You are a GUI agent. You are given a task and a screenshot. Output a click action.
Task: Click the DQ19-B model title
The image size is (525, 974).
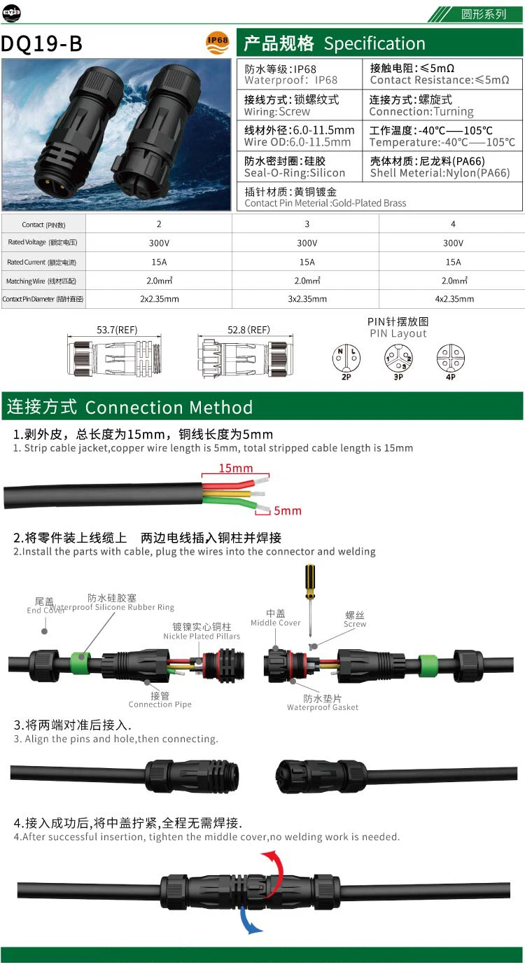coord(42,44)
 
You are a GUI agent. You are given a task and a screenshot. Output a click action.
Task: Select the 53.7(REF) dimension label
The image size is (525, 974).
coord(117,329)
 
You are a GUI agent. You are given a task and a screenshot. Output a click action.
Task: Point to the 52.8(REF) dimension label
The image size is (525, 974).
coord(248,329)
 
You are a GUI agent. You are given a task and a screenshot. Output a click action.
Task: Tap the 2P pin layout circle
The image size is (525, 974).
coord(345,359)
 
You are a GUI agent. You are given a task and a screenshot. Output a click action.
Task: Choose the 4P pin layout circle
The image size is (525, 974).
coord(450,359)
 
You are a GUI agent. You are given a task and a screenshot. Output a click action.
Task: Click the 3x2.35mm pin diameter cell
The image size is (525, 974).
coord(307,299)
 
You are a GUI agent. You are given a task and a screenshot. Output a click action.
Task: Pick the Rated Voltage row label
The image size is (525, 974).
coord(42,242)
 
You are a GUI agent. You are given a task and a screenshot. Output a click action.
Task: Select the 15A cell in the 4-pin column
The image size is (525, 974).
coord(453,262)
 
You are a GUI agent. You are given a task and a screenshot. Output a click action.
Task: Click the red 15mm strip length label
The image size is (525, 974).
coord(235,468)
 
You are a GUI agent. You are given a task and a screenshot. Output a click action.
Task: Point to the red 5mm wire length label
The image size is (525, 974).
coord(288,510)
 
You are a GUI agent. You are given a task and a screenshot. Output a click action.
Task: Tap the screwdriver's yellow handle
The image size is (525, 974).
coord(309,581)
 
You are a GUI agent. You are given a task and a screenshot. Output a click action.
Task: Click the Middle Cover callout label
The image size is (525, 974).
coord(276,618)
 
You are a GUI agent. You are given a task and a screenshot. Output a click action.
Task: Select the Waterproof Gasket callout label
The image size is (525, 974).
coord(323,703)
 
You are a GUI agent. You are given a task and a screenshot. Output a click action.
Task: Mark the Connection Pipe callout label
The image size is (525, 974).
coord(160,700)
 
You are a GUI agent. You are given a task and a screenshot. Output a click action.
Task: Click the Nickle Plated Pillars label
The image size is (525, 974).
coord(202,632)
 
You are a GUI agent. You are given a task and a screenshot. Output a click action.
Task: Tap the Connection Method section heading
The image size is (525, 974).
coord(129,408)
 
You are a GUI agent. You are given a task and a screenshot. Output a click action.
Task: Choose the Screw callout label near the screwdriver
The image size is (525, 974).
coord(355,619)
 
